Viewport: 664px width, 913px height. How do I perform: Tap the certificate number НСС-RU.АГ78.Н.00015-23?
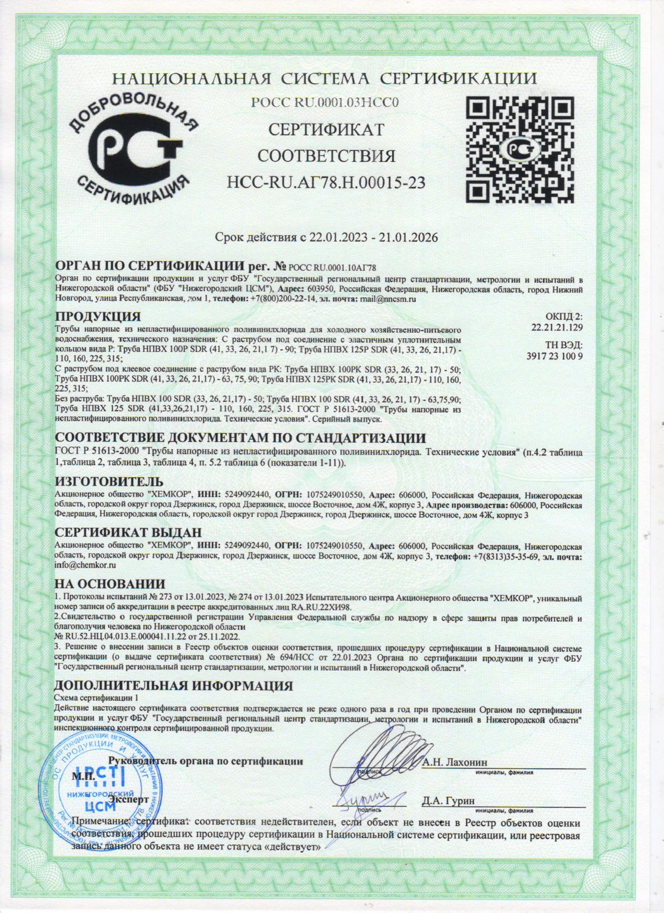326,183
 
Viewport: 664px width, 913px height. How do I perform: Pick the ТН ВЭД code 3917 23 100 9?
555,356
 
